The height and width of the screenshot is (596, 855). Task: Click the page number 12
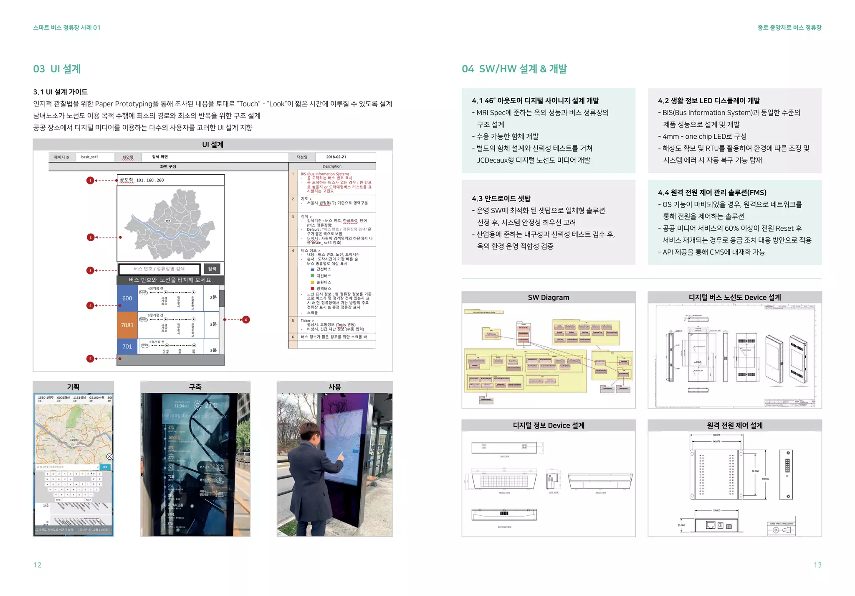[37, 565]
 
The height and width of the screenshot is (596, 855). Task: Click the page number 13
[817, 565]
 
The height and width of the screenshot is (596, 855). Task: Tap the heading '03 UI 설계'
[57, 69]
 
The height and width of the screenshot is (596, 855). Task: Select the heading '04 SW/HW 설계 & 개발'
[514, 69]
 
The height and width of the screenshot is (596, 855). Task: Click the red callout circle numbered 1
[90, 181]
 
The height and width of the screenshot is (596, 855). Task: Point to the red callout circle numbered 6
[246, 320]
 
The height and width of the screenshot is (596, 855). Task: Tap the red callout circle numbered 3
[90, 270]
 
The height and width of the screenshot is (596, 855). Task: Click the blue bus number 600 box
[127, 298]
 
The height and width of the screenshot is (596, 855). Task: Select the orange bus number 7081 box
[127, 325]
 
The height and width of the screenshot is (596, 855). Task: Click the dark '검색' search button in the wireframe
[212, 269]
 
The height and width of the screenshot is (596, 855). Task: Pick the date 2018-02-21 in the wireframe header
[336, 157]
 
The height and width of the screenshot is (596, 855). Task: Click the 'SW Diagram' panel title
[548, 298]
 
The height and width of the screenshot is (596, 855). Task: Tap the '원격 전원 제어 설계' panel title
[734, 425]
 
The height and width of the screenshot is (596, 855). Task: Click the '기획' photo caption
[73, 387]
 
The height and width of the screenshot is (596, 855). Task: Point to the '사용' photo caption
[334, 387]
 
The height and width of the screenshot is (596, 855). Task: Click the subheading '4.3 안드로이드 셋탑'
[501, 199]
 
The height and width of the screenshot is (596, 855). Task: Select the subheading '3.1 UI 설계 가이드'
[60, 92]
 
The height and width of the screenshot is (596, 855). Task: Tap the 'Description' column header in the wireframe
[332, 166]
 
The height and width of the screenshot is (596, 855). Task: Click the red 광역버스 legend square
[312, 288]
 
